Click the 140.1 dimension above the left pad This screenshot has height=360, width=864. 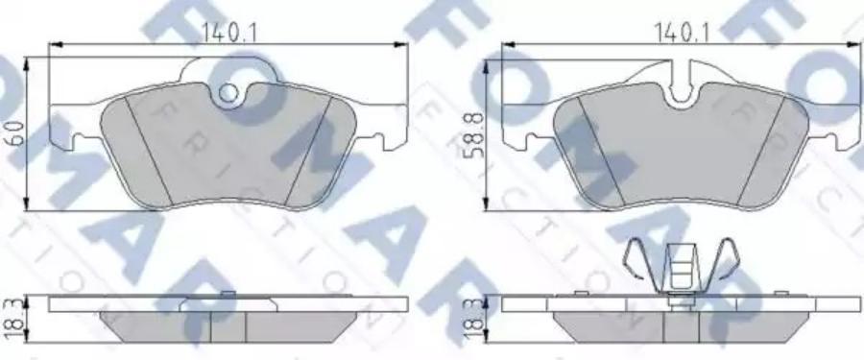[x=228, y=33]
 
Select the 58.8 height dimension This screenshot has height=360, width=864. [x=473, y=134]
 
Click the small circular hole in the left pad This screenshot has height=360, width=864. [x=228, y=93]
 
